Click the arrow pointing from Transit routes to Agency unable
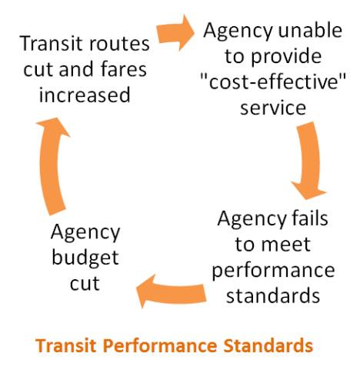(x=175, y=33)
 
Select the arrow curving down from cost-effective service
(x=309, y=160)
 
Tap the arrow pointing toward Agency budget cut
(x=172, y=292)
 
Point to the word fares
(x=124, y=69)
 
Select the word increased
(x=85, y=95)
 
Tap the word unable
(x=310, y=30)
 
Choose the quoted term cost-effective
(x=273, y=82)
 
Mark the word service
(x=273, y=108)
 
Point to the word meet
(x=285, y=245)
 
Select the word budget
(x=85, y=258)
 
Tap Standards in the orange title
(x=268, y=345)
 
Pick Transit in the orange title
(x=66, y=345)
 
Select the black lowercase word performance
(x=273, y=272)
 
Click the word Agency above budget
(x=85, y=233)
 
